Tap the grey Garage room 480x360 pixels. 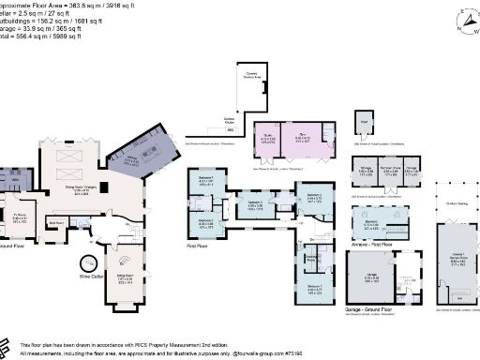(x=372, y=277)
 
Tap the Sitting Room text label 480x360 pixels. (x=123, y=278)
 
